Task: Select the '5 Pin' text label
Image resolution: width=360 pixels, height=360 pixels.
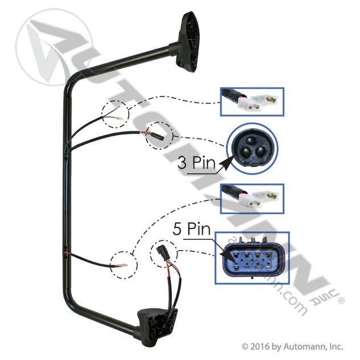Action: (192, 231)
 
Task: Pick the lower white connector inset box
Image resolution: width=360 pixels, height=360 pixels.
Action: (251, 198)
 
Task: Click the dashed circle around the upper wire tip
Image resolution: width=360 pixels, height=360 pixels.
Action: (116, 113)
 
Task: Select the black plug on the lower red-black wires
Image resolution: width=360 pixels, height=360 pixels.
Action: (160, 252)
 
